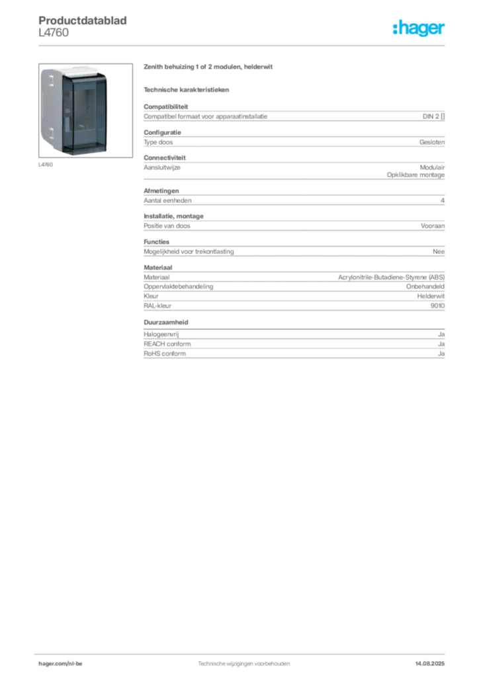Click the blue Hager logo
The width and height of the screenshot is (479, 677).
420,28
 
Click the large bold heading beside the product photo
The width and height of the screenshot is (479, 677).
208,67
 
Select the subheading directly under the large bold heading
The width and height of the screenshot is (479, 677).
188,89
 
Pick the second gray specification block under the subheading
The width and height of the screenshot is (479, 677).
293,139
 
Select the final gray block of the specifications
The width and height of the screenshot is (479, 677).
293,346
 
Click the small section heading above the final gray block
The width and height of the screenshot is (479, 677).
167,322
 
